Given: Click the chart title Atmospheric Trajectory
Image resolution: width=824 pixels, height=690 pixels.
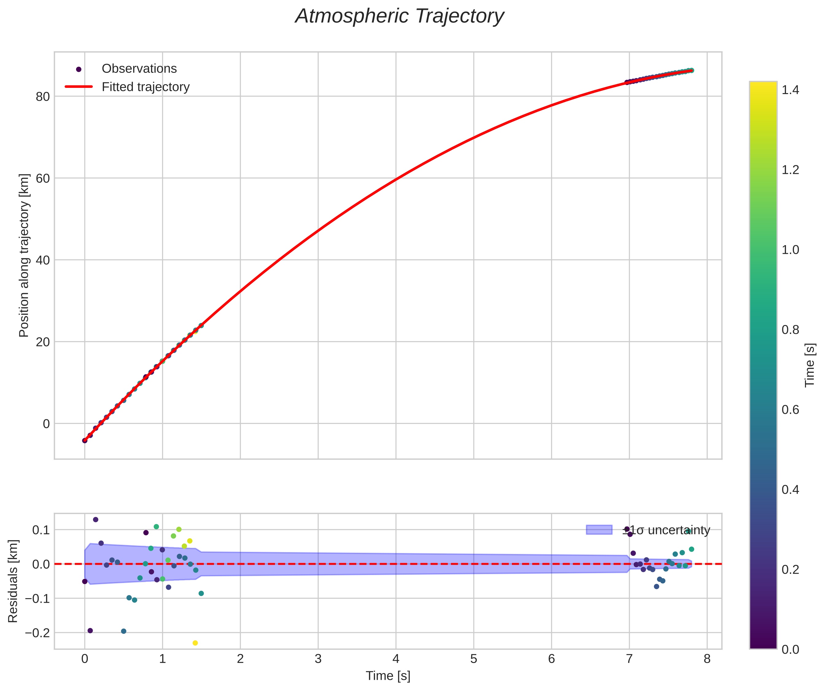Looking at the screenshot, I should coord(400,17).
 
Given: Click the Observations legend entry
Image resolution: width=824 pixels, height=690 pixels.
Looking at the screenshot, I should coord(139,69).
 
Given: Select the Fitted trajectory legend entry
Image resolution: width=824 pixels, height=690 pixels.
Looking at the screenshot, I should coord(145,87).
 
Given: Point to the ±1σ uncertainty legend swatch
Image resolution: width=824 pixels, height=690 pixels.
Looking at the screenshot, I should coord(599,530).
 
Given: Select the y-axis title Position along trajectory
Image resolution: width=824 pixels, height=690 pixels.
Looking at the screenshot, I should coord(24,255).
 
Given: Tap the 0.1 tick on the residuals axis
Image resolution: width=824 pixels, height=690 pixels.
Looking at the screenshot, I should coord(41,530).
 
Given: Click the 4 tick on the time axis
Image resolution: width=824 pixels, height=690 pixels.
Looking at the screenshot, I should coord(396,659).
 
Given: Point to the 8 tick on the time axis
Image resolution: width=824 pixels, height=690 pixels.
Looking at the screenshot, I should coord(707,659).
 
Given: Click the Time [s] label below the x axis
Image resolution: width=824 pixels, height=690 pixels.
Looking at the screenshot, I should coord(388,676).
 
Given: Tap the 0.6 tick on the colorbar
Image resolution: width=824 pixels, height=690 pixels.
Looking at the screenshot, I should coord(790,410).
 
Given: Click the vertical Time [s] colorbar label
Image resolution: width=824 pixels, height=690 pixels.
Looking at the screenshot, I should coord(810,365).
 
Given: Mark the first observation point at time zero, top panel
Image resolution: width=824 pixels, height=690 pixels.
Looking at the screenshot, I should coord(85,440).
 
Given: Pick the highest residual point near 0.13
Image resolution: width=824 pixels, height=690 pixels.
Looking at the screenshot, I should coord(95,519).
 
